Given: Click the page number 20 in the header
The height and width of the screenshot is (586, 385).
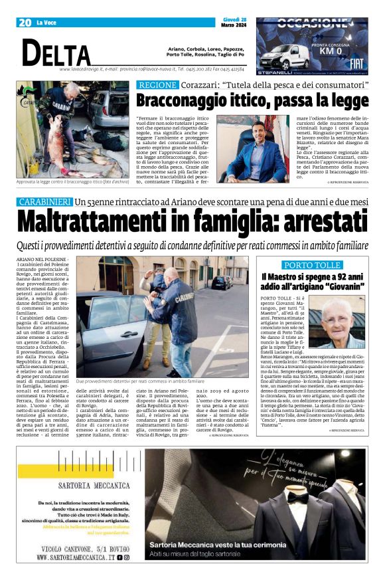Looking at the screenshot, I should [x=25, y=23].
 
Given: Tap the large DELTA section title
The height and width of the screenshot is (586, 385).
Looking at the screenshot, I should [x=56, y=52].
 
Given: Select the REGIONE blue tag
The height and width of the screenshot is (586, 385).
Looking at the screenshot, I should [x=157, y=85].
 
